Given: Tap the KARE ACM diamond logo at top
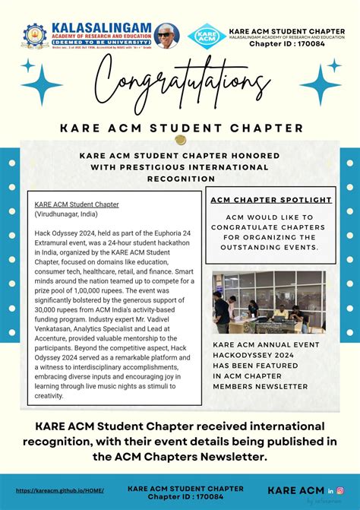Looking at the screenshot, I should click(x=207, y=36).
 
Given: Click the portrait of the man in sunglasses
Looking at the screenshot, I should click(x=166, y=36).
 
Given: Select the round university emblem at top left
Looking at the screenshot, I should click(x=34, y=36).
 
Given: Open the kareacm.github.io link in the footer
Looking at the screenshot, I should click(x=60, y=490).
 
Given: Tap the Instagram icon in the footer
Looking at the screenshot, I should click(x=341, y=490).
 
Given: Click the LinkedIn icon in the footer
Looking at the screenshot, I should click(x=331, y=490).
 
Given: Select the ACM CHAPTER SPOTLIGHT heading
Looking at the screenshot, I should click(x=270, y=200).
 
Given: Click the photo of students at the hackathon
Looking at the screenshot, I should click(x=269, y=303).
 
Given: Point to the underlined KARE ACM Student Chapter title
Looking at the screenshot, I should click(x=77, y=204).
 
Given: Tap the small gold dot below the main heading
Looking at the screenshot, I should click(x=180, y=140).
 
